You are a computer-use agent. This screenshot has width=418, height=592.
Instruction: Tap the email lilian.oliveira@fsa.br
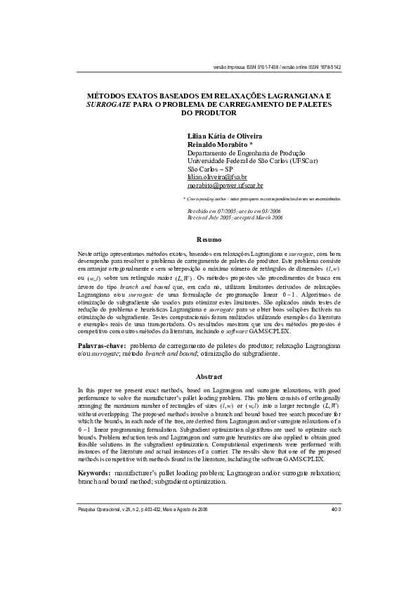217,178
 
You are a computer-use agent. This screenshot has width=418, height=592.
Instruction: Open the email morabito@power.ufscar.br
225,186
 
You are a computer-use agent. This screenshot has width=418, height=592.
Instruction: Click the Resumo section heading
209,240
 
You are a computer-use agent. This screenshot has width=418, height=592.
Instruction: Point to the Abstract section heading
209,376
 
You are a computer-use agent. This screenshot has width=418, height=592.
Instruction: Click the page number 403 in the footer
336,508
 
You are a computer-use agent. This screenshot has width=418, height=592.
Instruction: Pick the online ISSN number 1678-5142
329,67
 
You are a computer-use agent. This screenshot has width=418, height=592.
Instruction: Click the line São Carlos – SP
210,169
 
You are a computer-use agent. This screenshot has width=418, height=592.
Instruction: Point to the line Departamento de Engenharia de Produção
246,153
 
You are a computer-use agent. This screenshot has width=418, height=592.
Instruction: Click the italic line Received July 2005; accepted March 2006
235,218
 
